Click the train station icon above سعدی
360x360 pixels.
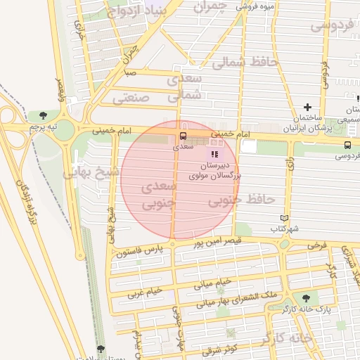click(x=183, y=135)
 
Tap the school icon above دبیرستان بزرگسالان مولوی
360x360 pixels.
click(x=214, y=153)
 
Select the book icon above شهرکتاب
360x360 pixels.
click(x=284, y=218)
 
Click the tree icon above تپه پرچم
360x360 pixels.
click(x=44, y=115)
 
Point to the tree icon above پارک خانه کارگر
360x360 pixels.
click(x=305, y=298)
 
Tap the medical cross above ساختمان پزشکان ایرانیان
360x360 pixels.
click(x=307, y=106)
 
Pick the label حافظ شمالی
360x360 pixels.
click(x=246, y=63)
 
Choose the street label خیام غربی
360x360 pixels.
click(x=143, y=292)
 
